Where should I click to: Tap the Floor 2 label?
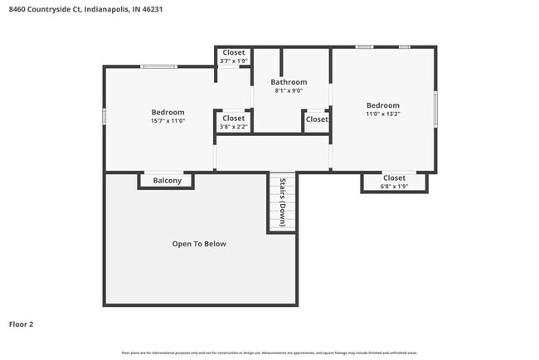click(x=21, y=324)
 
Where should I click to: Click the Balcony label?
click(x=167, y=180)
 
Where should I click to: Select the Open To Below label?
click(x=199, y=244)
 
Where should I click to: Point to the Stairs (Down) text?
click(x=283, y=202)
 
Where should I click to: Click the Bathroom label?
click(x=289, y=82)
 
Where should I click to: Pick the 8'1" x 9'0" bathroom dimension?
click(x=289, y=90)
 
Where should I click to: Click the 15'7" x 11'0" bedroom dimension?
click(x=168, y=121)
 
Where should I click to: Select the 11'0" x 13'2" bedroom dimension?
click(x=383, y=114)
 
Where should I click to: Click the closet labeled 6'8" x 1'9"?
click(x=394, y=186)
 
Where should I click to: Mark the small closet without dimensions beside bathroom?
click(x=316, y=119)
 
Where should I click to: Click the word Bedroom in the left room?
click(x=168, y=112)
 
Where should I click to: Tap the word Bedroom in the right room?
click(x=383, y=105)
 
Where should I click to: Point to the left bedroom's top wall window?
click(x=158, y=66)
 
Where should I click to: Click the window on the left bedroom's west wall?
click(x=104, y=117)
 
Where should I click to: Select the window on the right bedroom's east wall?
click(x=435, y=109)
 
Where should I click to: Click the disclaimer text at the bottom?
click(x=269, y=352)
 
